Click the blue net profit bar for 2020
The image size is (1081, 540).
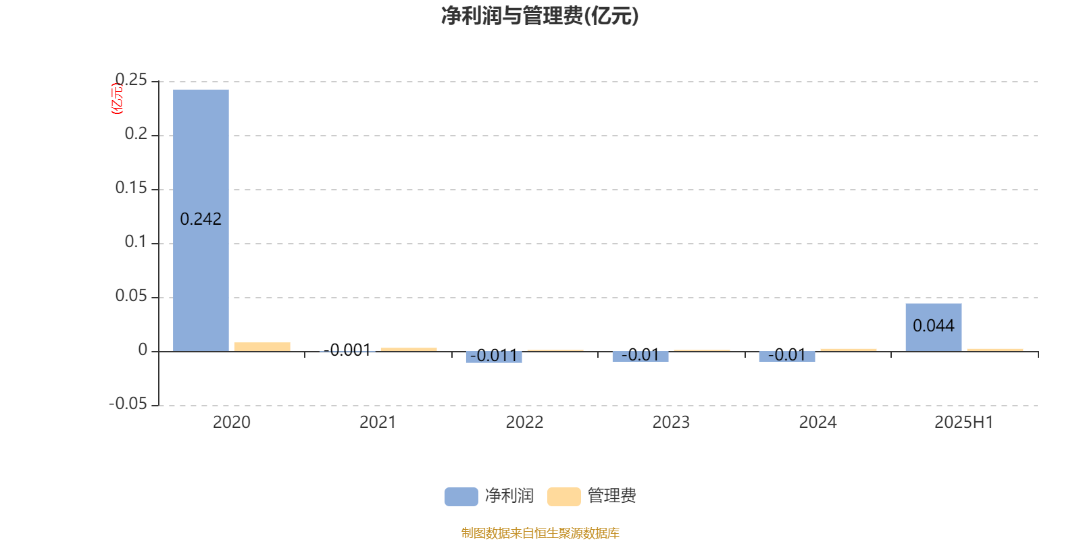201,220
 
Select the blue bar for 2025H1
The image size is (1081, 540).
933,327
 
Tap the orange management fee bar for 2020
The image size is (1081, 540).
262,347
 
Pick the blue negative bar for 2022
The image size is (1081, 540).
494,357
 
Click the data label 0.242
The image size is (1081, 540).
201,219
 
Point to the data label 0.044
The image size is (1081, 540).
933,326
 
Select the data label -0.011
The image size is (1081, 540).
494,356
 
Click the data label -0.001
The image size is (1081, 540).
347,350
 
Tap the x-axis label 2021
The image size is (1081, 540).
378,423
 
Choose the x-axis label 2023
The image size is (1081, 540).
671,423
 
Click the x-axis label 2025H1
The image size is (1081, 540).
963,423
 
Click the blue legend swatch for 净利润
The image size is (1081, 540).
461,497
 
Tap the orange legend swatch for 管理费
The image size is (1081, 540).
563,497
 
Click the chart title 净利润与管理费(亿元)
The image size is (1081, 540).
540,16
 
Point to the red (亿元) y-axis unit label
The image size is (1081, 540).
117,99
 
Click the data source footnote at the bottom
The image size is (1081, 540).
540,533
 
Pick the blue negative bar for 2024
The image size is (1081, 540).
787,357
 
